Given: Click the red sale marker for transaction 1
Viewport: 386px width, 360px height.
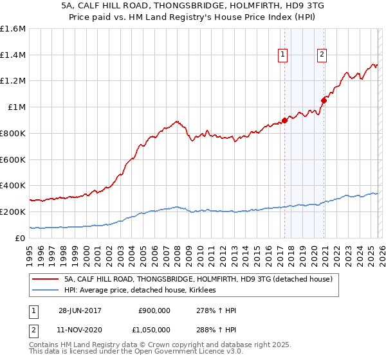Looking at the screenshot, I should (x=284, y=120).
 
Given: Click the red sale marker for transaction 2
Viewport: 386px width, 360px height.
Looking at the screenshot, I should (x=324, y=100).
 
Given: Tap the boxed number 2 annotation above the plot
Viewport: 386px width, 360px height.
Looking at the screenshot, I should (x=322, y=55).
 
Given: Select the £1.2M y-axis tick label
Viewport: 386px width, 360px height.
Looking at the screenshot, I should (x=13, y=81).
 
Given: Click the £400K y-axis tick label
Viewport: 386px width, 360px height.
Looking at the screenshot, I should (x=13, y=185).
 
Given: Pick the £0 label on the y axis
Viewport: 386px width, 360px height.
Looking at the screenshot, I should (x=19, y=238).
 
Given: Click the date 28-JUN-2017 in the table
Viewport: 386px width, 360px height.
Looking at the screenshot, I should (x=80, y=310).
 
